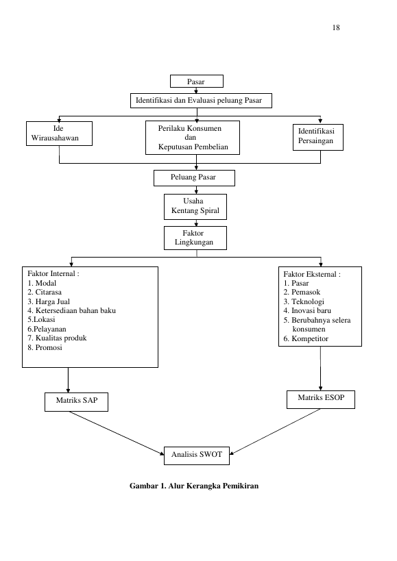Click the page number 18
[x=336, y=27]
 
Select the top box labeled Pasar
[x=197, y=82]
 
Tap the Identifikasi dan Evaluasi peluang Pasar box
[x=201, y=101]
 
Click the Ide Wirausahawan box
[x=59, y=134]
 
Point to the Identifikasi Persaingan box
[x=318, y=137]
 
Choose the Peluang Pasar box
[x=194, y=178]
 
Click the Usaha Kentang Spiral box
[x=195, y=207]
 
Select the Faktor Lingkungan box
[x=195, y=238]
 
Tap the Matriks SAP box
[x=76, y=402]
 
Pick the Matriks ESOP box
[x=321, y=399]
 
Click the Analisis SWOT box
[x=197, y=456]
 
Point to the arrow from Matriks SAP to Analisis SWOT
[x=117, y=434]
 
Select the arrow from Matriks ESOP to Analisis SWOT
[x=275, y=432]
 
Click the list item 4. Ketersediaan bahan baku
[x=71, y=310]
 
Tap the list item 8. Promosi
[x=45, y=347]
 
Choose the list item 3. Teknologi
[x=304, y=301]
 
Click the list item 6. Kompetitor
[x=306, y=338]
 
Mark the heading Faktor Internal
[x=53, y=274]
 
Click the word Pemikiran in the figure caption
[x=241, y=486]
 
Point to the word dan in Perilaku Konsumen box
[x=191, y=138]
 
